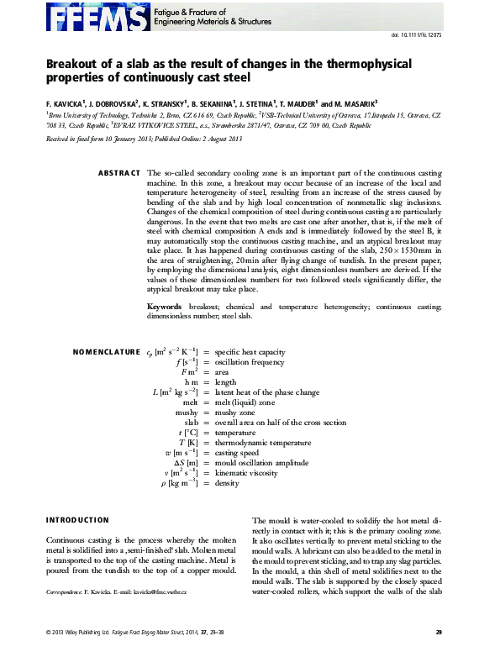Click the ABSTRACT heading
point(119,172)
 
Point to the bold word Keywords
point(166,307)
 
